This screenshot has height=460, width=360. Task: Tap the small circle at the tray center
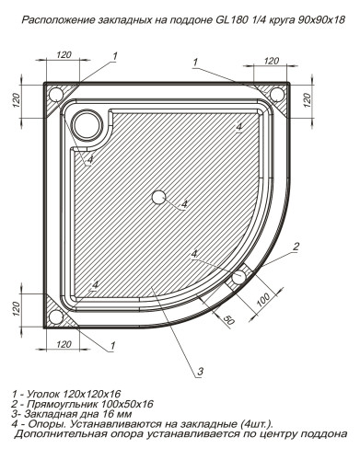pyautogui.click(x=158, y=197)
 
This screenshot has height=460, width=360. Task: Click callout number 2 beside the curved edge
pyautogui.click(x=296, y=246)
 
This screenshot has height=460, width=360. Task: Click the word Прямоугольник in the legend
pyautogui.click(x=72, y=405)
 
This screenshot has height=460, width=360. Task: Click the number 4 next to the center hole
pyautogui.click(x=183, y=202)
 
